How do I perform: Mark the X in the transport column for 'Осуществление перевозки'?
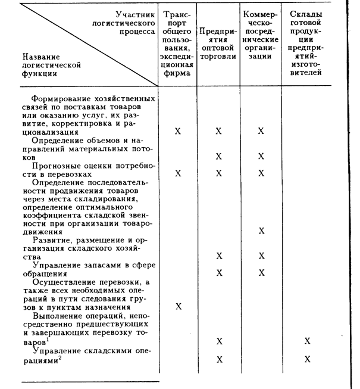tap(177, 306)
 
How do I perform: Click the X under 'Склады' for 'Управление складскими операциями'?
tap(307, 359)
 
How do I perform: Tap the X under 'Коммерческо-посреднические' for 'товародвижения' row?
tap(261, 231)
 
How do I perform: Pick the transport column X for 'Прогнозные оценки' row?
tap(177, 173)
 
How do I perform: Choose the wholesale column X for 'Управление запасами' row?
tap(219, 273)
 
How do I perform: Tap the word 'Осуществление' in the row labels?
tap(62, 282)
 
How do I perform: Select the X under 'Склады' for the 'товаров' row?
tap(307, 341)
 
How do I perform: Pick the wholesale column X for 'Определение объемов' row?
tap(219, 156)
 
